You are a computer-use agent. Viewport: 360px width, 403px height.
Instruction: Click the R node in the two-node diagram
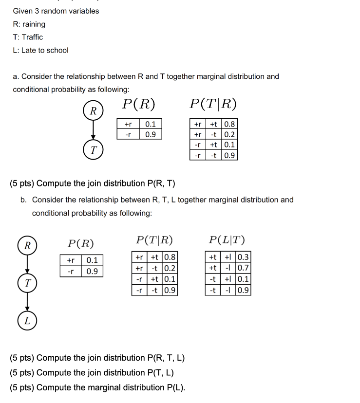(93, 110)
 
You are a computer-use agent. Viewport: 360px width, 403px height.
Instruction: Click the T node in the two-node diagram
(93, 150)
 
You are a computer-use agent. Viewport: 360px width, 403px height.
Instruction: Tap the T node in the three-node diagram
(27, 283)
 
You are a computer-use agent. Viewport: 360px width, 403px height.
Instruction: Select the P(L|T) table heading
(227, 239)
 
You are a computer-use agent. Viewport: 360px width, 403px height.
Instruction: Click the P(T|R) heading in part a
(213, 104)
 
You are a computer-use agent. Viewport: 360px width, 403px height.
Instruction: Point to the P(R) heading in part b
(81, 244)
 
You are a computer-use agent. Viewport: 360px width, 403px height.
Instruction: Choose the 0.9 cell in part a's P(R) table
(151, 134)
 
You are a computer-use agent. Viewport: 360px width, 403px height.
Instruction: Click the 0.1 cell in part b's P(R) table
(92, 260)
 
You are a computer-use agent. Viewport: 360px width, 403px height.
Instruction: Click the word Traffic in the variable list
(32, 37)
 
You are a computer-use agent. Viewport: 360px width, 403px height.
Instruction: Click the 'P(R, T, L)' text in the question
(166, 358)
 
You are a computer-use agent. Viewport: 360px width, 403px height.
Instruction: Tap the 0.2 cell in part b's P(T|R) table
(170, 268)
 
